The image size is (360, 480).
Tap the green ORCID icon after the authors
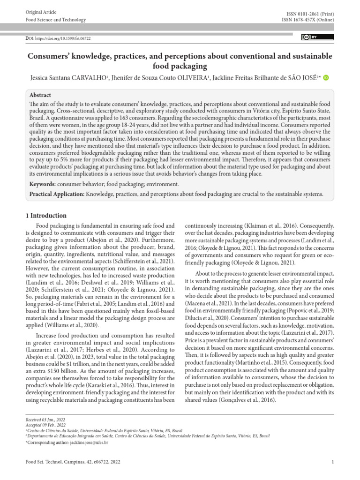(326, 77)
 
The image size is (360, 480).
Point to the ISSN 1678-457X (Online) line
(307, 20)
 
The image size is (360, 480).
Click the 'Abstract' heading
(40, 94)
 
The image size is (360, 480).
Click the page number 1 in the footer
(332, 462)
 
